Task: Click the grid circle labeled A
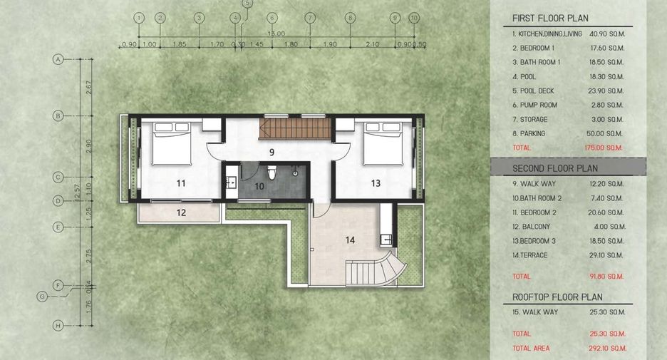(x=58, y=59)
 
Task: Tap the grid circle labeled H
(x=58, y=326)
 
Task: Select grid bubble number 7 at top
(x=310, y=18)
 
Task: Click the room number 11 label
(x=181, y=183)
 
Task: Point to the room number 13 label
(x=376, y=183)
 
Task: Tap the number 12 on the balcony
(x=181, y=212)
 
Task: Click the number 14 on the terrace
(x=350, y=240)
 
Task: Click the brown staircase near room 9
(x=295, y=128)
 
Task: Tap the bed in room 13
(x=383, y=143)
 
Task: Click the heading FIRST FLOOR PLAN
(x=550, y=19)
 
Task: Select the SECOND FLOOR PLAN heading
(x=555, y=168)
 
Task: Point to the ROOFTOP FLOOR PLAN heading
(x=558, y=297)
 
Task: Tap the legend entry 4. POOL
(x=524, y=77)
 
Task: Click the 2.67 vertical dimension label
(x=88, y=88)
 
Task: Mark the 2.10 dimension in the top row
(x=372, y=43)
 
